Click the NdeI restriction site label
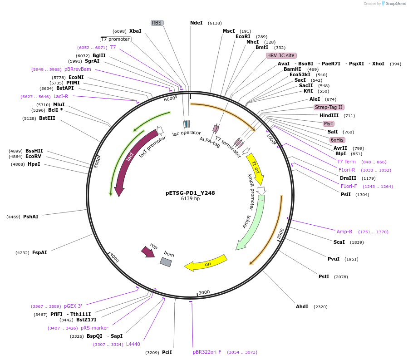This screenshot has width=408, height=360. click(196, 23)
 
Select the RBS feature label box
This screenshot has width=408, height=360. click(157, 23)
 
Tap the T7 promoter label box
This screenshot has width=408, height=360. click(116, 39)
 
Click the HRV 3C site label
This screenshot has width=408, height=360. click(281, 55)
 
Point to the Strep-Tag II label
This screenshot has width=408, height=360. click(329, 107)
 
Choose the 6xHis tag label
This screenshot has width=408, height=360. click(337, 140)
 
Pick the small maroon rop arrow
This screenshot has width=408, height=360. click(148, 252)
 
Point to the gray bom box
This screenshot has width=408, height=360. click(166, 262)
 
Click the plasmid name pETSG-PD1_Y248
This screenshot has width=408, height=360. click(190, 193)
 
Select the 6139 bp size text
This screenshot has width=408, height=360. click(190, 198)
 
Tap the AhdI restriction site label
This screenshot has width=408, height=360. click(302, 306)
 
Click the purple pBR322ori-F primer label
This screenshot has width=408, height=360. click(207, 352)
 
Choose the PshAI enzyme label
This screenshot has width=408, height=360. click(31, 217)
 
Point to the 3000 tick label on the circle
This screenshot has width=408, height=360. click(204, 292)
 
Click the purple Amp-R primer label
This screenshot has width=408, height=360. click(344, 232)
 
